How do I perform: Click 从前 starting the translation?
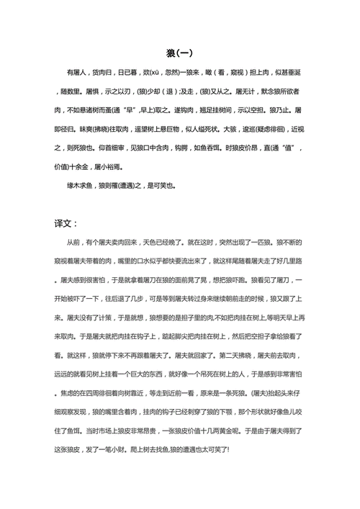[73, 245]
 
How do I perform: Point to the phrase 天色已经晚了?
[168, 245]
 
